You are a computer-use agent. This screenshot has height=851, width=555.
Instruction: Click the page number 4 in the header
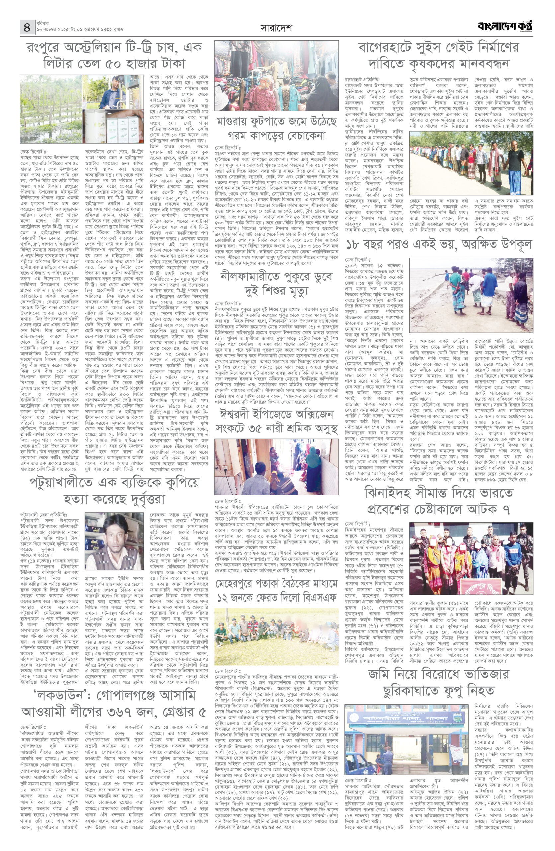(x=27, y=28)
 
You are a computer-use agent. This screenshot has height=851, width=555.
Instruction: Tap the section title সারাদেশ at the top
(x=276, y=28)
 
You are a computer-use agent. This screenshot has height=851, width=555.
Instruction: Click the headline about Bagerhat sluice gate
(x=439, y=56)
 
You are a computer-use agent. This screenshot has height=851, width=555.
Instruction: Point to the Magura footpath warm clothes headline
(x=276, y=129)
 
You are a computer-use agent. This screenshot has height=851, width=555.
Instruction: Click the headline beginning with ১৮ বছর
(x=439, y=245)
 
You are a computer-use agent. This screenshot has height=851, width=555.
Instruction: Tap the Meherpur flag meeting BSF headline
(x=276, y=591)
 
